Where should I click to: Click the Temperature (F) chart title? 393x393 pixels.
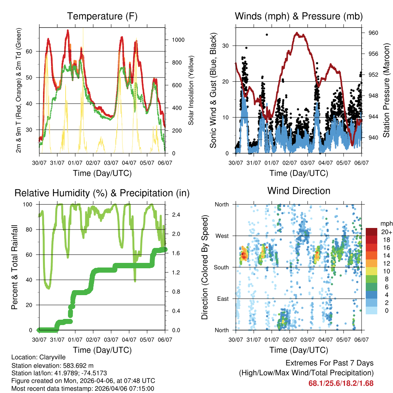[102, 16]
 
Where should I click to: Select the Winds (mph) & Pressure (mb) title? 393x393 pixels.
[299, 16]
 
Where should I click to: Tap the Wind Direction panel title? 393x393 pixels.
[299, 190]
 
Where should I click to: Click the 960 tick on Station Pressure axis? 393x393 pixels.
[373, 33]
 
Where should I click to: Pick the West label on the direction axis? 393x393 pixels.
[221, 236]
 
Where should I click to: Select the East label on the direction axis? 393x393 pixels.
[222, 299]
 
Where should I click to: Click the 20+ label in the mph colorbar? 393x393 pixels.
[386, 232]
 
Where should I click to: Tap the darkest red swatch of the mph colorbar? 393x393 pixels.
[371, 232]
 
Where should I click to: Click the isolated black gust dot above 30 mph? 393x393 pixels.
[267, 35]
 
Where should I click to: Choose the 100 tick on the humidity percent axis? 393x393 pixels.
[30, 205]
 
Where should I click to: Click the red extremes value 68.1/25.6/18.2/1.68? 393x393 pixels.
[341, 383]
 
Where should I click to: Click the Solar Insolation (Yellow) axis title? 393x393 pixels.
[191, 90]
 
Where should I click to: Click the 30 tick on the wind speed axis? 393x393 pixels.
[226, 46]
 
